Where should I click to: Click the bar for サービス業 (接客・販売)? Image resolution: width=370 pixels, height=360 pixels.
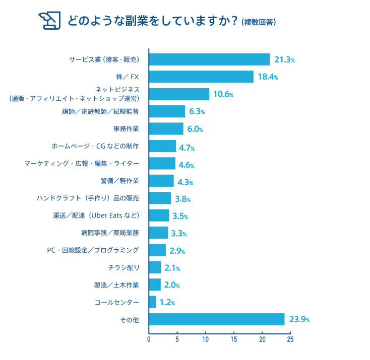pyautogui.click(x=209, y=59)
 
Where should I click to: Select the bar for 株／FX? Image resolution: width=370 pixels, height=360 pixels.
pyautogui.click(x=201, y=77)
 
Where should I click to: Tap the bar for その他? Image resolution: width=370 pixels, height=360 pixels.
pyautogui.click(x=217, y=319)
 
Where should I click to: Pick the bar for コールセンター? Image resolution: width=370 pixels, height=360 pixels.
pyautogui.click(x=153, y=302)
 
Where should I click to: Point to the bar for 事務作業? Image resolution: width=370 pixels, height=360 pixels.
pyautogui.click(x=166, y=129)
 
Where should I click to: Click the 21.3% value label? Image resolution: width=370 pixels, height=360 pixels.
pyautogui.click(x=284, y=60)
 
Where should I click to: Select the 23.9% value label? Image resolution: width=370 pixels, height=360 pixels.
pyautogui.click(x=299, y=320)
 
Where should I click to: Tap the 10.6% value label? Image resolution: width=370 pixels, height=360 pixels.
pyautogui.click(x=223, y=94)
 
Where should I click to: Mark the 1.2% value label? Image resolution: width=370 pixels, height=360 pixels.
pyautogui.click(x=167, y=303)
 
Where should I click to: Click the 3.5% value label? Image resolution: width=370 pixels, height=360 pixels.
pyautogui.click(x=180, y=216)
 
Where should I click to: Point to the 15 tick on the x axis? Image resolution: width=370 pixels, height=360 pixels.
pyautogui.click(x=234, y=340)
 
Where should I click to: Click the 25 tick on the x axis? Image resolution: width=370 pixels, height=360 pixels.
pyautogui.click(x=290, y=340)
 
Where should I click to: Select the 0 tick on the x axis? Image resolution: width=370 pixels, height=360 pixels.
pyautogui.click(x=149, y=340)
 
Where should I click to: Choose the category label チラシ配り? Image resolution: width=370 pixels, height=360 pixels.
pyautogui.click(x=124, y=267)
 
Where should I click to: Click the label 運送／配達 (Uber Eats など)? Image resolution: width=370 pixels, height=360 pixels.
pyautogui.click(x=96, y=215)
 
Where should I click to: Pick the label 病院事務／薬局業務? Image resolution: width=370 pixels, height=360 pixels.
pyautogui.click(x=109, y=233)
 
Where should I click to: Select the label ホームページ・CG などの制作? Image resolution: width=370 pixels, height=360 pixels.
pyautogui.click(x=95, y=146)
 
